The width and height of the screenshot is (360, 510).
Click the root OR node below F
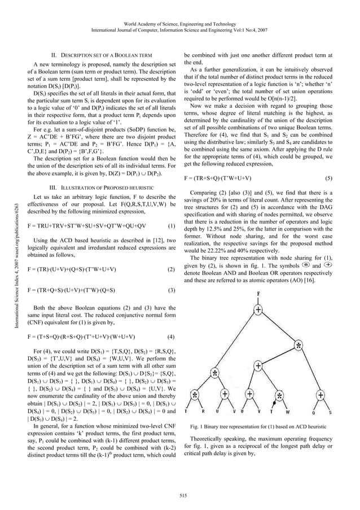click(258, 310)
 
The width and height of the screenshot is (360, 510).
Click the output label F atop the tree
click(258, 294)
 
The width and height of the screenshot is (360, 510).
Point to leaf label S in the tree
click(330, 412)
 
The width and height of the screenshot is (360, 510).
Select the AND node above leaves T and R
click(195, 394)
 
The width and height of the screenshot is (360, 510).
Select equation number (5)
click(328, 178)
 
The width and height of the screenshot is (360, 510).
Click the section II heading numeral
click(54, 55)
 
